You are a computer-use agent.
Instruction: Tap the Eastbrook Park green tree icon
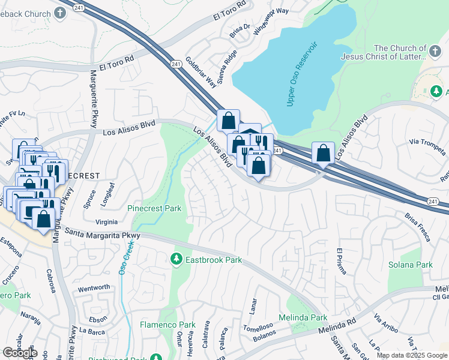click(176, 260)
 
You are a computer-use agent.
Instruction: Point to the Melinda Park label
click(303, 317)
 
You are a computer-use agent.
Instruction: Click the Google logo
click(20, 353)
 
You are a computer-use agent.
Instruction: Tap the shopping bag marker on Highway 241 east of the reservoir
click(324, 154)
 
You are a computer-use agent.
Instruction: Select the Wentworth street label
click(94, 287)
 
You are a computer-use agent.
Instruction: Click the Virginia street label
click(106, 221)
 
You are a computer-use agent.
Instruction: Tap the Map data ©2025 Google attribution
click(412, 355)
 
